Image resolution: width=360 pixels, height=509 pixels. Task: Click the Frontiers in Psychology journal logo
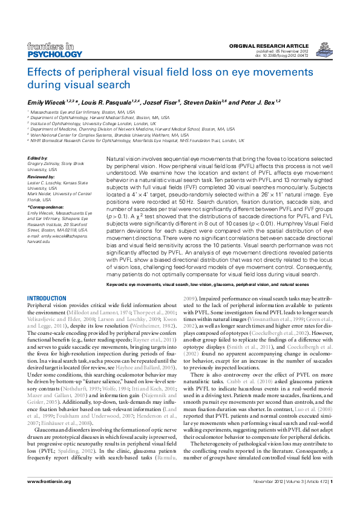click(x=55, y=50)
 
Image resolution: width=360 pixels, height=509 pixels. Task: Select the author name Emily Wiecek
click(x=46, y=102)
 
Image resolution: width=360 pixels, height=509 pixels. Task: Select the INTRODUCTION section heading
click(x=47, y=299)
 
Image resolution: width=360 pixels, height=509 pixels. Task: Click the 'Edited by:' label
click(x=38, y=158)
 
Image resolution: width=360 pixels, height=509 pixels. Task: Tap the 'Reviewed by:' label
click(x=41, y=176)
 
